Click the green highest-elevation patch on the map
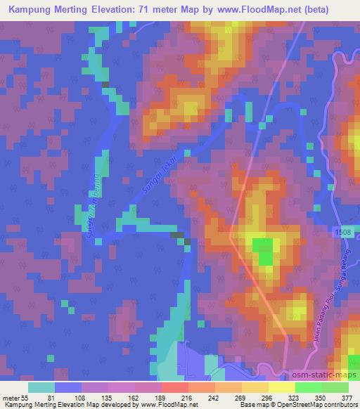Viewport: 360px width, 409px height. [x=264, y=252]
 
